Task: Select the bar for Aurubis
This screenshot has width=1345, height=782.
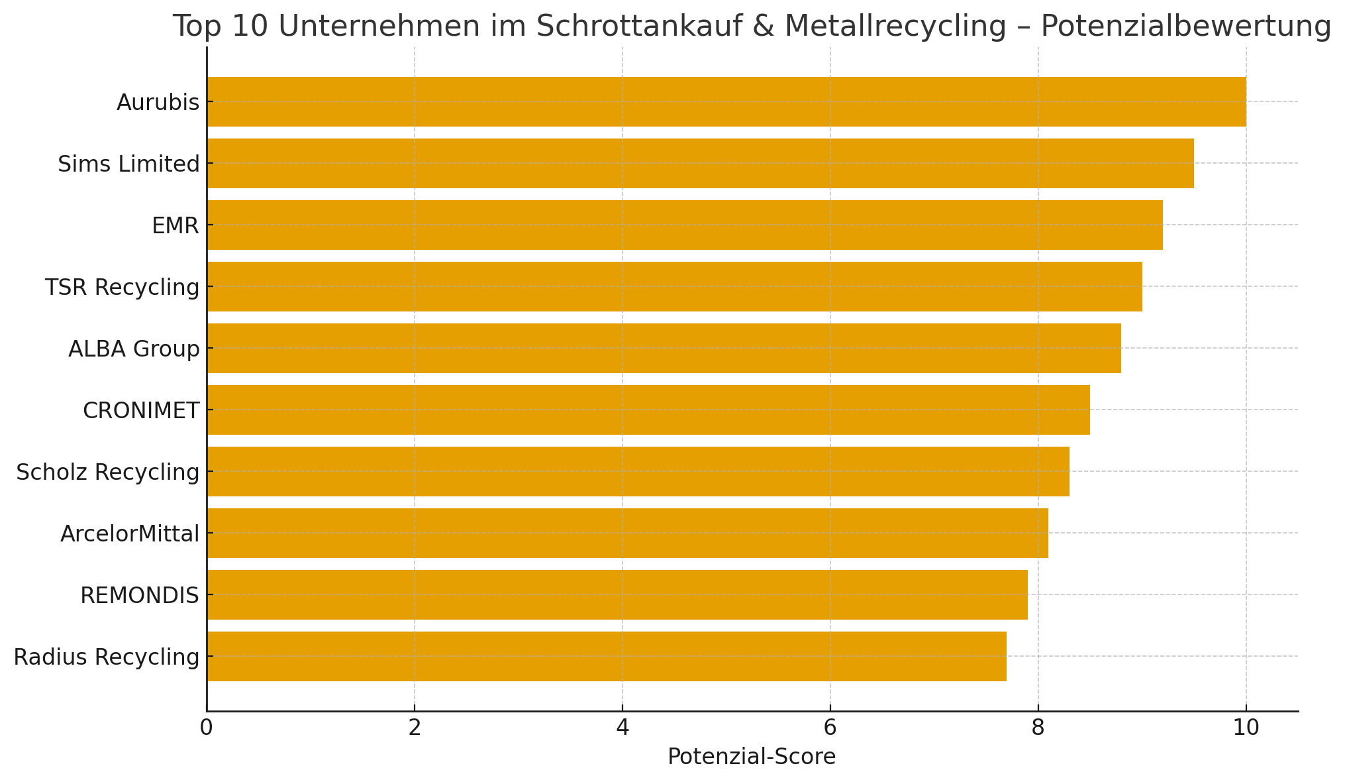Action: (726, 101)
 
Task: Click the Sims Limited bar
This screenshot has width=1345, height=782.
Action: (700, 163)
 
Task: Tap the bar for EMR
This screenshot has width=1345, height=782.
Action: (684, 225)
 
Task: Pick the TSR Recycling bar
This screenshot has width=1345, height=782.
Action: (674, 286)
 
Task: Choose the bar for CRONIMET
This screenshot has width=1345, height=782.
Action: (648, 410)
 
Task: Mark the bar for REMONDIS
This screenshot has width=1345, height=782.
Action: (617, 594)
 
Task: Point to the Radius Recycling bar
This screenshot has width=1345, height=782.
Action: (606, 656)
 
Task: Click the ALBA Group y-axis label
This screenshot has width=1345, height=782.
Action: (134, 349)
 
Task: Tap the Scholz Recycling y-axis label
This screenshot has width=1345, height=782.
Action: (107, 472)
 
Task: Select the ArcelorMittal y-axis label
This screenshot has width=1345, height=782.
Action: (130, 533)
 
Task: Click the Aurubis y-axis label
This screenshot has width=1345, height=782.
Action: (158, 102)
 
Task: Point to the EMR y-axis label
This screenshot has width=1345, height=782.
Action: (175, 225)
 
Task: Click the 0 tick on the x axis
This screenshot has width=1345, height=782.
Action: (207, 728)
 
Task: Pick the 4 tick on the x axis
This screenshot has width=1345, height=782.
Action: (623, 728)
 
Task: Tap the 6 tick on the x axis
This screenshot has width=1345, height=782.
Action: (830, 728)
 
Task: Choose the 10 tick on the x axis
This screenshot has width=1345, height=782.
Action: (1246, 728)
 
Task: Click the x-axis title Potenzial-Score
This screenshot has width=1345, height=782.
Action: (752, 757)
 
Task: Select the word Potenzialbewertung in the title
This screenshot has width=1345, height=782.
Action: (1185, 27)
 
